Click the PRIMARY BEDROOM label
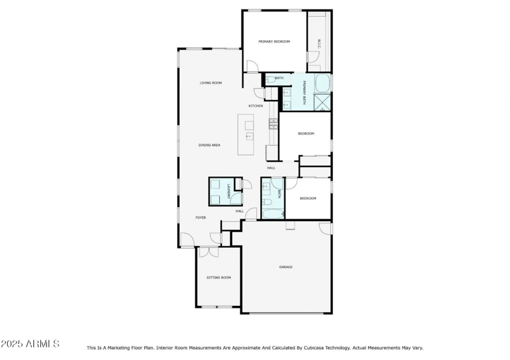274,41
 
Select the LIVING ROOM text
210,83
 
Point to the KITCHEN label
256,106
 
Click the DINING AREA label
209,145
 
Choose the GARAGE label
286,267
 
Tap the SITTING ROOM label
218,278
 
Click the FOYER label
200,218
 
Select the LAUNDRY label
228,191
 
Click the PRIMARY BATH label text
305,92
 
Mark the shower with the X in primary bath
323,102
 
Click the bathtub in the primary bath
323,83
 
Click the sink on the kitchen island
249,136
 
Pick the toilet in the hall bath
268,202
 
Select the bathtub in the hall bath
273,213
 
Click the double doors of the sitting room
208,252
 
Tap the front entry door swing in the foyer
187,240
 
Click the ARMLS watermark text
30,344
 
